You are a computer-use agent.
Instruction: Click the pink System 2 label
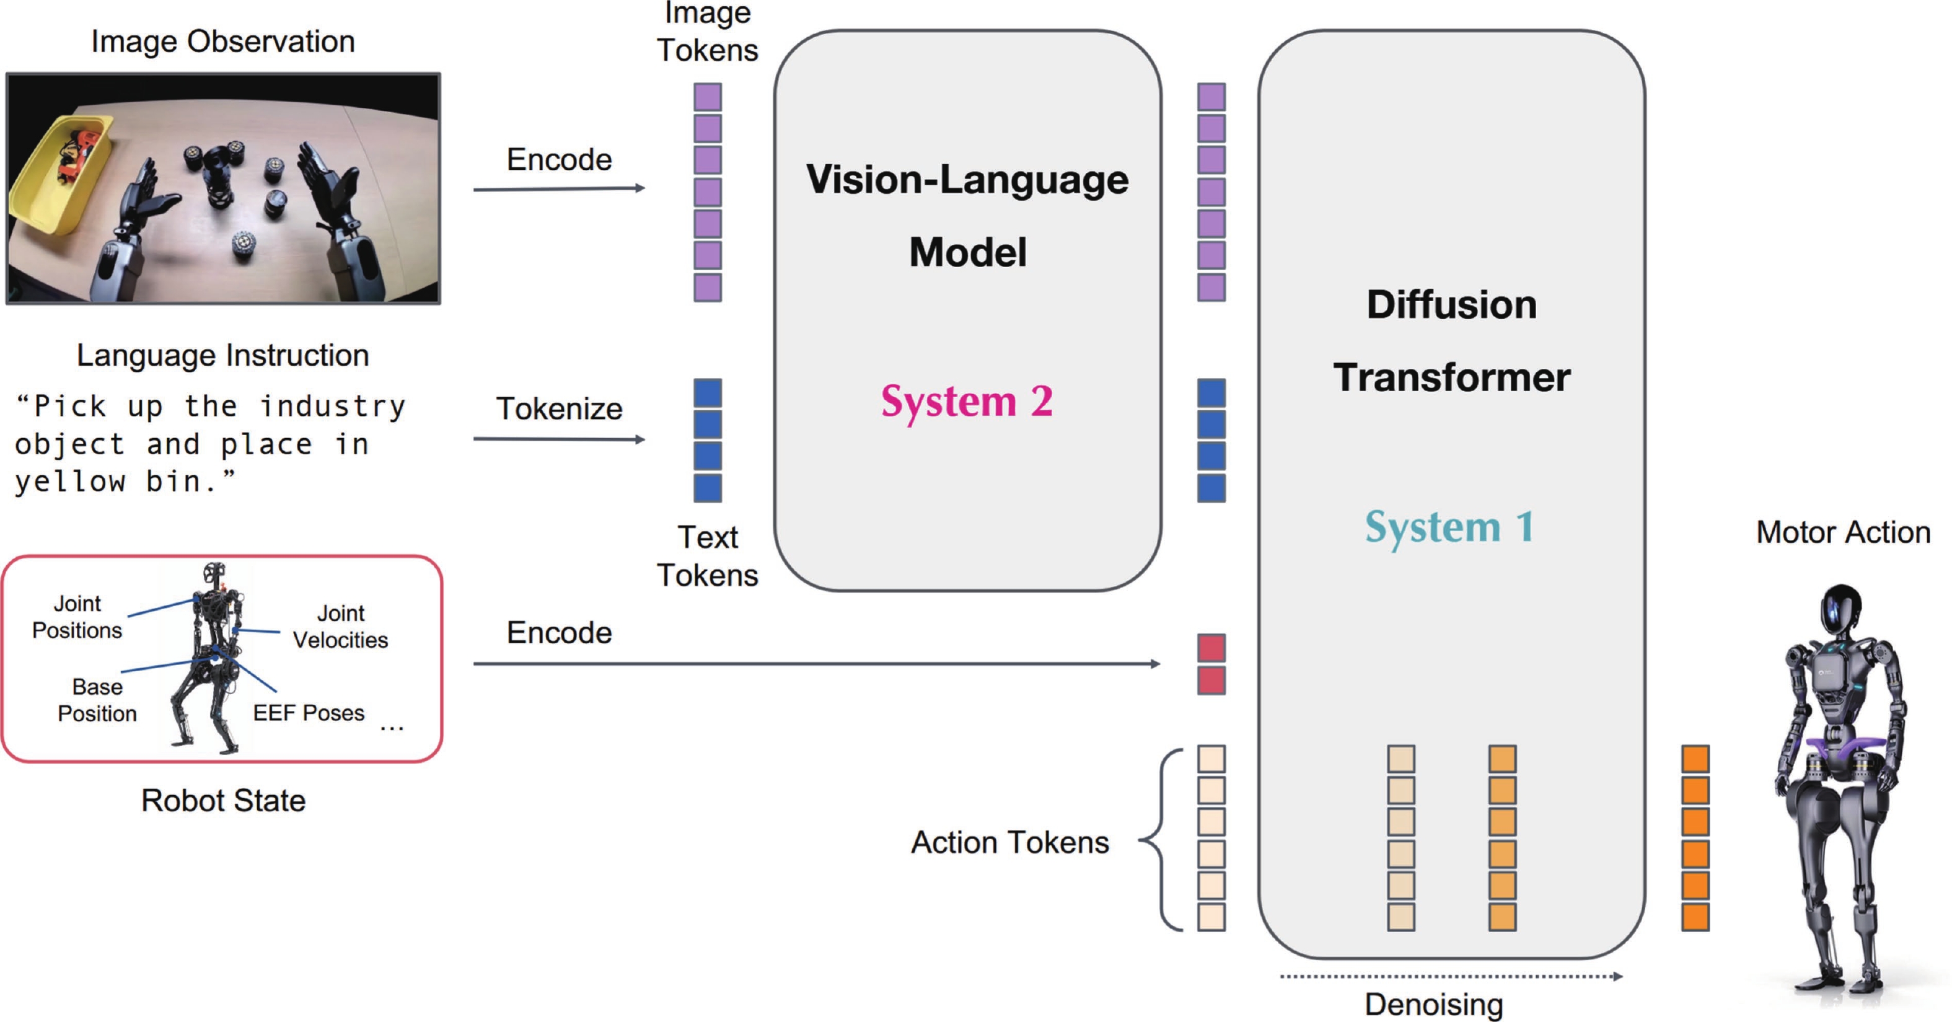tap(966, 401)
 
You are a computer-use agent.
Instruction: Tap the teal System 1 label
tap(1449, 527)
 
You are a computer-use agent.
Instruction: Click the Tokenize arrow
tap(558, 439)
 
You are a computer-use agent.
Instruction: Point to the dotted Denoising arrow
tap(1450, 977)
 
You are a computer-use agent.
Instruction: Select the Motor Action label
tap(1843, 532)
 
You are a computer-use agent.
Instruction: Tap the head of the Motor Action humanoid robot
tap(1841, 614)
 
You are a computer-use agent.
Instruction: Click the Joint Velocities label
tap(340, 627)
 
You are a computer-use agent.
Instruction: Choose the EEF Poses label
tap(309, 713)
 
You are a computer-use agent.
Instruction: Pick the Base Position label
tap(97, 700)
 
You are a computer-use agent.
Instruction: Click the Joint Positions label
tap(77, 617)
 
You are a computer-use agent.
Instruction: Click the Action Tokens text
tap(1009, 842)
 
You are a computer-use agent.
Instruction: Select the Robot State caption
tap(223, 801)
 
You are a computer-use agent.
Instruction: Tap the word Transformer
tap(1451, 377)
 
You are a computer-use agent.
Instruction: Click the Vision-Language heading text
tap(967, 180)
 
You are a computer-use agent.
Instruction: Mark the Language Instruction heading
tap(223, 355)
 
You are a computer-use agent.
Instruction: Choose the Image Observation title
tap(223, 42)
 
